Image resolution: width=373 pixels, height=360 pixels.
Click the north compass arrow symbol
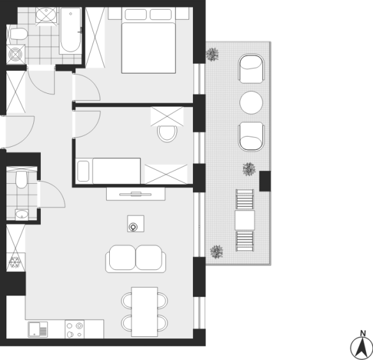[x=362, y=348]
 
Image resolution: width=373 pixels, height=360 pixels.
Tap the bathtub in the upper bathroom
[x=70, y=31]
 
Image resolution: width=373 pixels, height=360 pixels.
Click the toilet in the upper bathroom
[x=17, y=34]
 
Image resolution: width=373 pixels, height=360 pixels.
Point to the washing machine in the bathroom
[x=16, y=54]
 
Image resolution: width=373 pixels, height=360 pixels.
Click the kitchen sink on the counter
[x=38, y=329]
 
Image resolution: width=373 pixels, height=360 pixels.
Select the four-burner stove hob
[x=75, y=329]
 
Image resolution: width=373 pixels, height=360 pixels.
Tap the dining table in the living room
[x=144, y=311]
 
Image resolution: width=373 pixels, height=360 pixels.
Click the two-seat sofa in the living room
[x=135, y=259]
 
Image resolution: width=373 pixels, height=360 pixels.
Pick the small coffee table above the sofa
[x=135, y=223]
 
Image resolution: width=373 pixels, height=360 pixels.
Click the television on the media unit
[x=135, y=194]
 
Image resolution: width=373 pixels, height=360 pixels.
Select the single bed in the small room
[x=108, y=170]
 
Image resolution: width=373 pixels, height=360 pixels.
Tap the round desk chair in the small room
[x=167, y=133]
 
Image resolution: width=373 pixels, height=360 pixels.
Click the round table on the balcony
[x=251, y=103]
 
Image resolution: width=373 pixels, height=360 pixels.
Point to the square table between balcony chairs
[x=245, y=220]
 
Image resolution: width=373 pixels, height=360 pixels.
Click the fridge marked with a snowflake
[x=15, y=262]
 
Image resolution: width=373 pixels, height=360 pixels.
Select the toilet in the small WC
[x=22, y=179]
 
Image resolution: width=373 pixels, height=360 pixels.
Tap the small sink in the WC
[x=22, y=215]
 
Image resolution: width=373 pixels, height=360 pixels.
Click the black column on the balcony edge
[x=265, y=181]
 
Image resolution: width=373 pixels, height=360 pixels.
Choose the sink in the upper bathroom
[x=46, y=15]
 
